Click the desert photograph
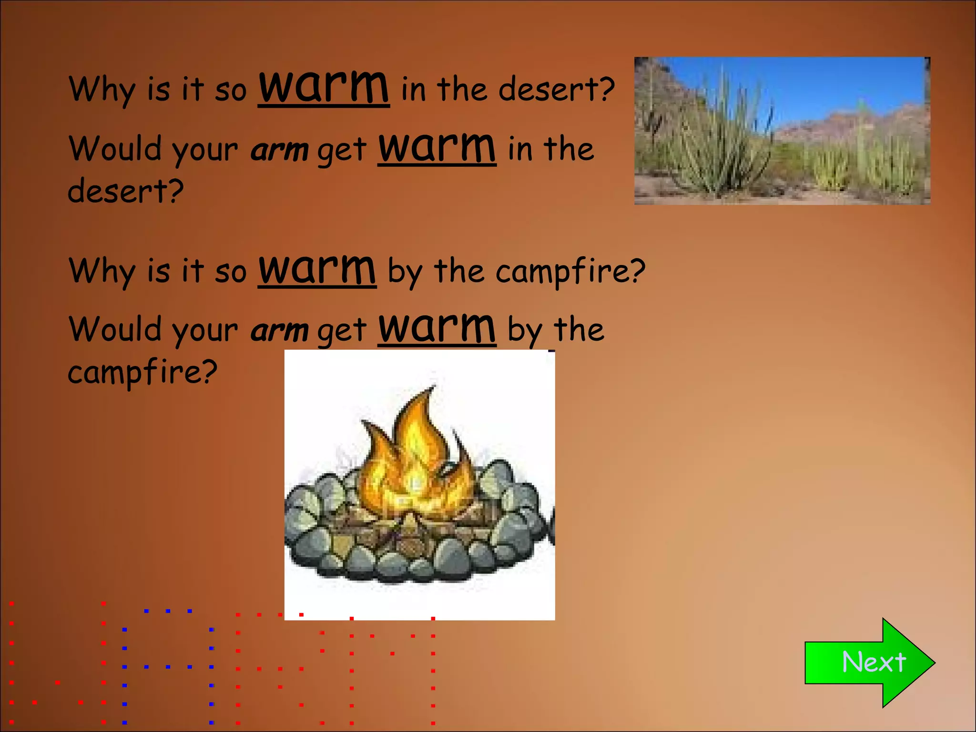point(782,131)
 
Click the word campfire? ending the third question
point(570,271)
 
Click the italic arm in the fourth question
point(279,330)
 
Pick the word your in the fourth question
point(205,331)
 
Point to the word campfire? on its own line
point(142,372)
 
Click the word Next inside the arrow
point(874,662)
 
